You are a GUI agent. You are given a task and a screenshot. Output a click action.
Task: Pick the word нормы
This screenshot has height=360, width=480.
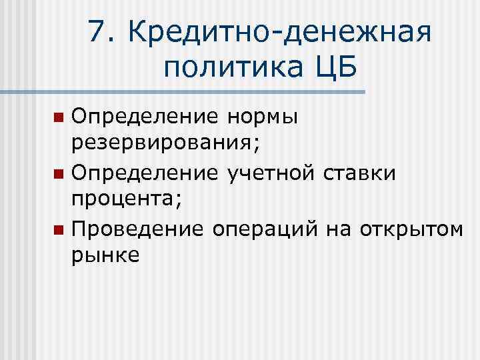click(261, 119)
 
